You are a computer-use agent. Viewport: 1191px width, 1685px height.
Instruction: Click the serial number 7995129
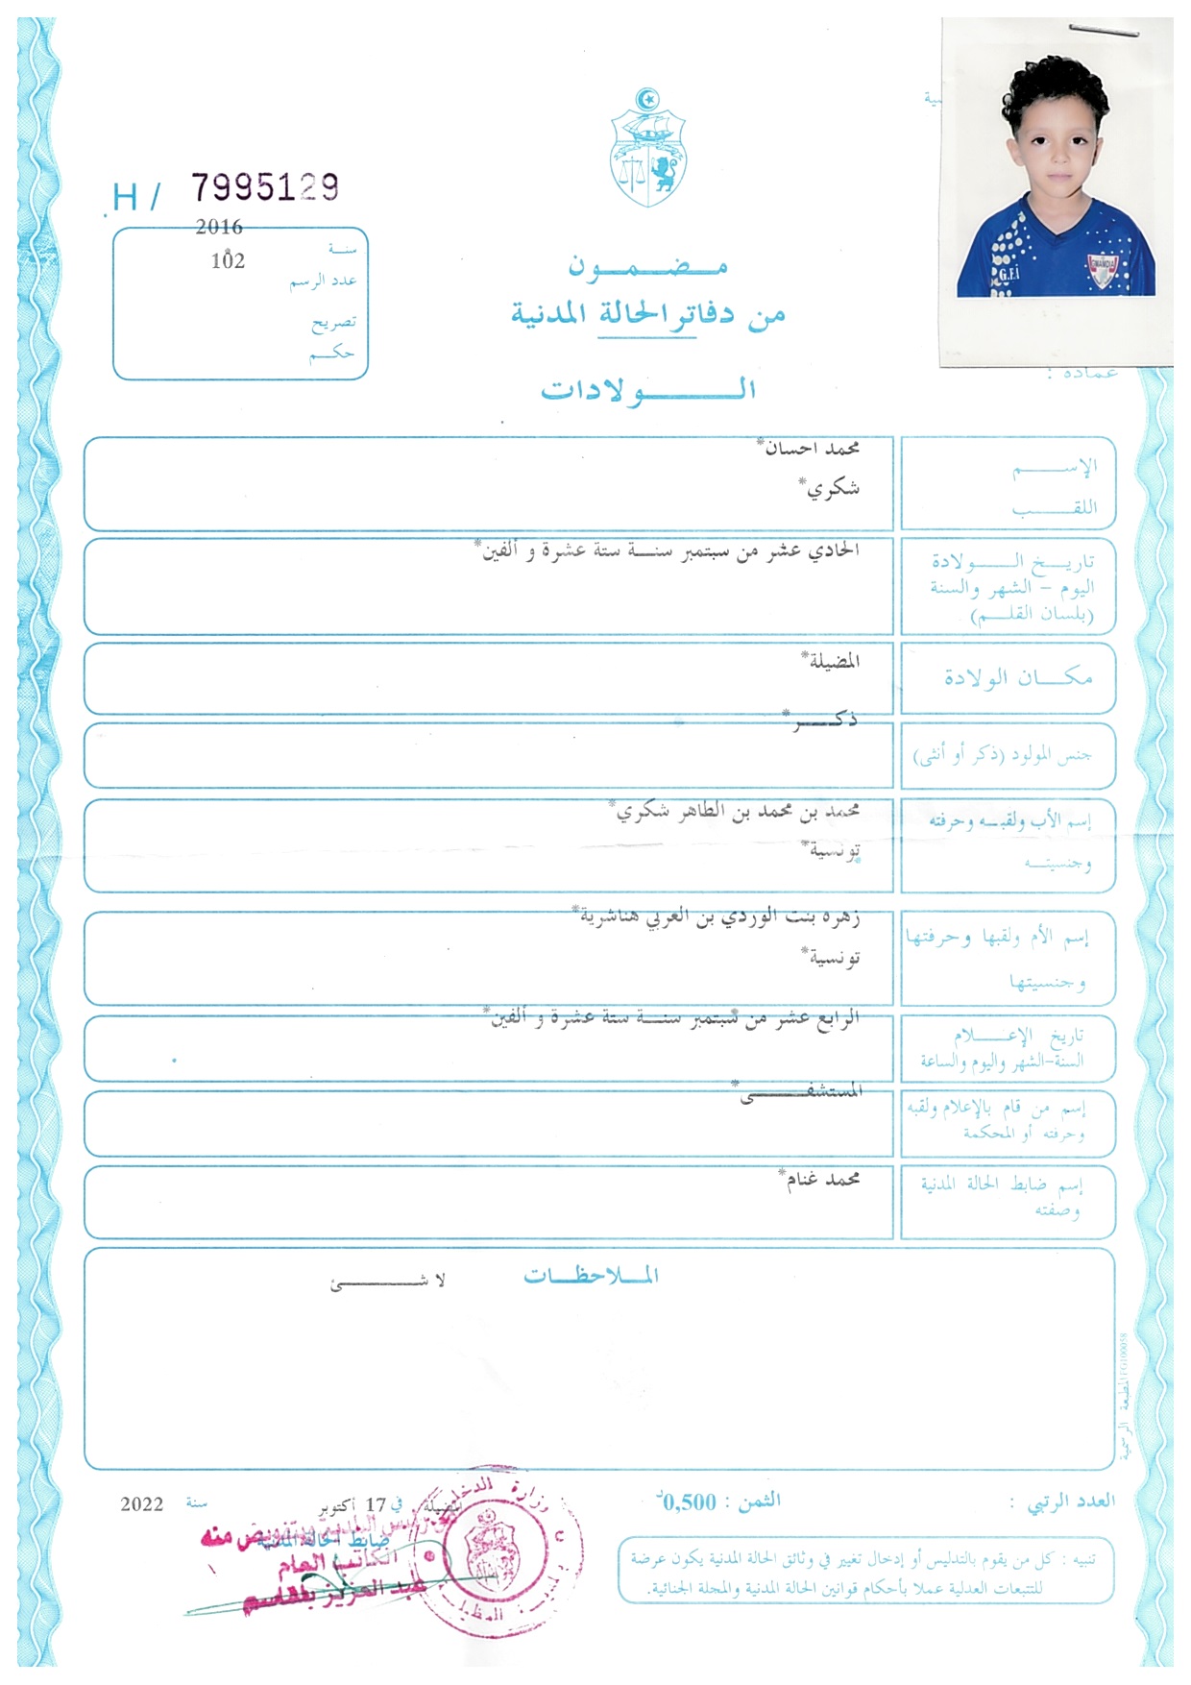[x=265, y=187]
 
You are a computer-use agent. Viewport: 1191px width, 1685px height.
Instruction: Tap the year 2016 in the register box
[x=219, y=228]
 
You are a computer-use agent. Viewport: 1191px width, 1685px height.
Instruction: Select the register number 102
[x=228, y=260]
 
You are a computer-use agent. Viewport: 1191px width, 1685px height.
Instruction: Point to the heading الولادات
[x=648, y=390]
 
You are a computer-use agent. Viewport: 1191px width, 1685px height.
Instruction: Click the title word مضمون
[x=648, y=266]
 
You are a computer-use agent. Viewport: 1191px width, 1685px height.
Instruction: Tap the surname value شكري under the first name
[x=832, y=488]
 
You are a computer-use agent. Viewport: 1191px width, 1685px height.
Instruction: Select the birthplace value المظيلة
[x=833, y=661]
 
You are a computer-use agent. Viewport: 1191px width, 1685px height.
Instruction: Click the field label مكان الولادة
[x=1018, y=678]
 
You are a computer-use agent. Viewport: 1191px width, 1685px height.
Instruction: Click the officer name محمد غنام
[x=821, y=1179]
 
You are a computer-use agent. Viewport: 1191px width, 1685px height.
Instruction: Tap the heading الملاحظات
[x=591, y=1276]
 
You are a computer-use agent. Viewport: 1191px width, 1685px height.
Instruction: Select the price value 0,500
[x=688, y=1502]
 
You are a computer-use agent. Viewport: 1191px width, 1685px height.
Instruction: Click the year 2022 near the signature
[x=141, y=1504]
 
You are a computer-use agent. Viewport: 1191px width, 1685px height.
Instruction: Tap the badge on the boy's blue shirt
[x=1102, y=269]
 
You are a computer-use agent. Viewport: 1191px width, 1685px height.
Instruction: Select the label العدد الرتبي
[x=1071, y=1502]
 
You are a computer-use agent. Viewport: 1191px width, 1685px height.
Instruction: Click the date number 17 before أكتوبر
[x=375, y=1504]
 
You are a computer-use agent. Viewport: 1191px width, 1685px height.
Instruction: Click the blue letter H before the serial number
[x=125, y=198]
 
